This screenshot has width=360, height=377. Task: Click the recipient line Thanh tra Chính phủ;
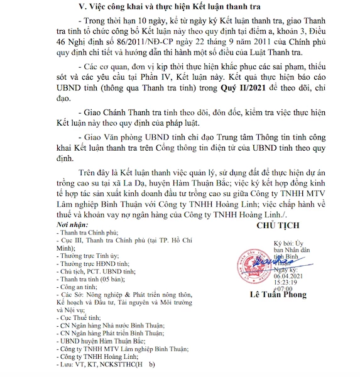(92, 232)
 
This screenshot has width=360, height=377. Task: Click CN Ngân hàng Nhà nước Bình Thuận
(111, 325)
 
